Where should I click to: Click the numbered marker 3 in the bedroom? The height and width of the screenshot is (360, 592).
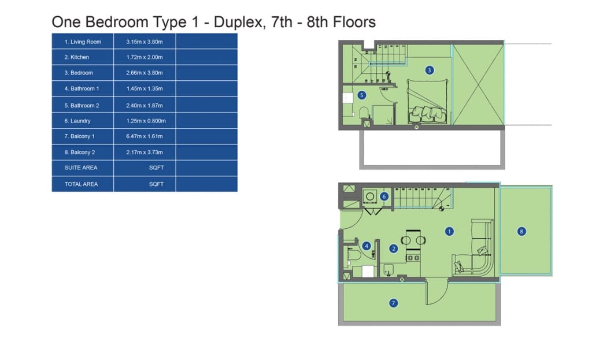point(429,70)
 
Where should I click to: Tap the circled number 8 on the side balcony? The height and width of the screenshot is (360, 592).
point(521,231)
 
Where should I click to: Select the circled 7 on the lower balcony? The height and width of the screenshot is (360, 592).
point(393,303)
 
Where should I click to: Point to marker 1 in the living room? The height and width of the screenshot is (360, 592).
point(449,231)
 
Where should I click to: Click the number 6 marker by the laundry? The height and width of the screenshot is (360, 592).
point(384,196)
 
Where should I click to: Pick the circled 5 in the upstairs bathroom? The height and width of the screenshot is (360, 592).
point(362,95)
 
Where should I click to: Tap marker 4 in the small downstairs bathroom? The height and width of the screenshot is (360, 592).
point(366,246)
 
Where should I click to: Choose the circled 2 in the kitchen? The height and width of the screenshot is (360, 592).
point(393,248)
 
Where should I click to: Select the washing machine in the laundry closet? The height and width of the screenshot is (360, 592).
point(370,196)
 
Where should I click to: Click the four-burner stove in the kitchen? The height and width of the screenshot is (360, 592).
point(413,258)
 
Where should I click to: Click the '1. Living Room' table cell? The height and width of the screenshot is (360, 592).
point(83,42)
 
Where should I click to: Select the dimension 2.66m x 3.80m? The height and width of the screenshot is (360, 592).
point(144,73)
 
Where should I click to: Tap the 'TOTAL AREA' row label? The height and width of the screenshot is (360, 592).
point(81,184)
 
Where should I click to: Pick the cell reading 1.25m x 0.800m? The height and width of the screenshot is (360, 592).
point(146,121)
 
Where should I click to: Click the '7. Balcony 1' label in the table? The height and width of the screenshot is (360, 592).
point(79,136)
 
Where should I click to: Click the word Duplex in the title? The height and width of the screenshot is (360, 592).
point(238,22)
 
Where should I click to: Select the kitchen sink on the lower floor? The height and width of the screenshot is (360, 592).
point(388,269)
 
